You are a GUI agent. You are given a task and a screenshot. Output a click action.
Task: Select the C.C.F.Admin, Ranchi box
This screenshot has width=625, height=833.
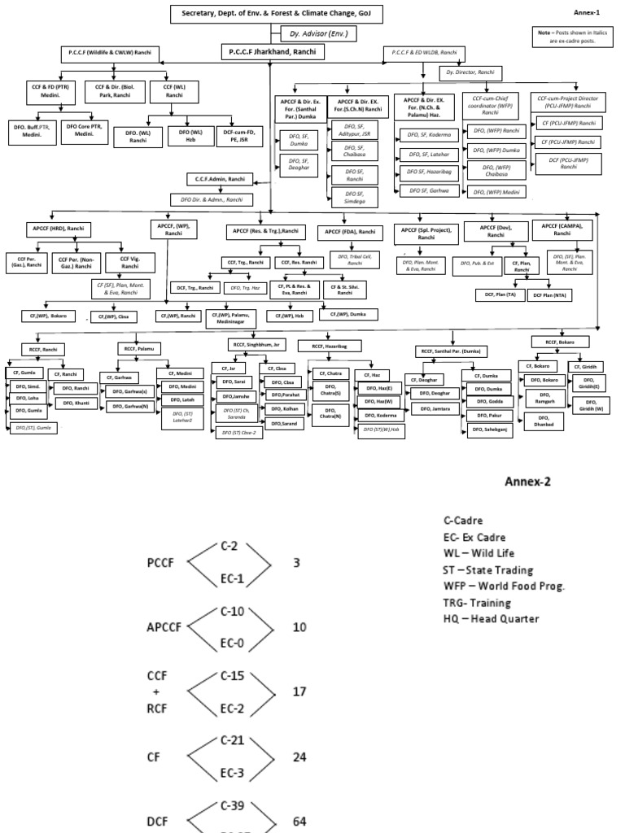pyautogui.click(x=220, y=179)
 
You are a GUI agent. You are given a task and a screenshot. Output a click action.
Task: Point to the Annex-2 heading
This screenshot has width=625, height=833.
pyautogui.click(x=528, y=481)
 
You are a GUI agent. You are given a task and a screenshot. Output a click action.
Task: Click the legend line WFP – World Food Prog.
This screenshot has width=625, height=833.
pyautogui.click(x=505, y=587)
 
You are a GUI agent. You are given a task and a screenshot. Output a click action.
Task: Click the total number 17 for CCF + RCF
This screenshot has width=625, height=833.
pyautogui.click(x=300, y=691)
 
